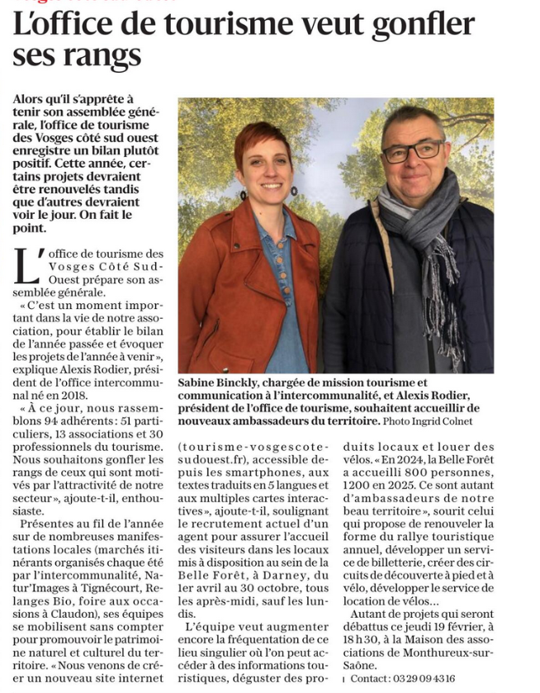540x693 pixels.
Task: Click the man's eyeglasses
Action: [412, 152]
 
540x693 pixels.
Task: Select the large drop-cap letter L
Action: [25, 263]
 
